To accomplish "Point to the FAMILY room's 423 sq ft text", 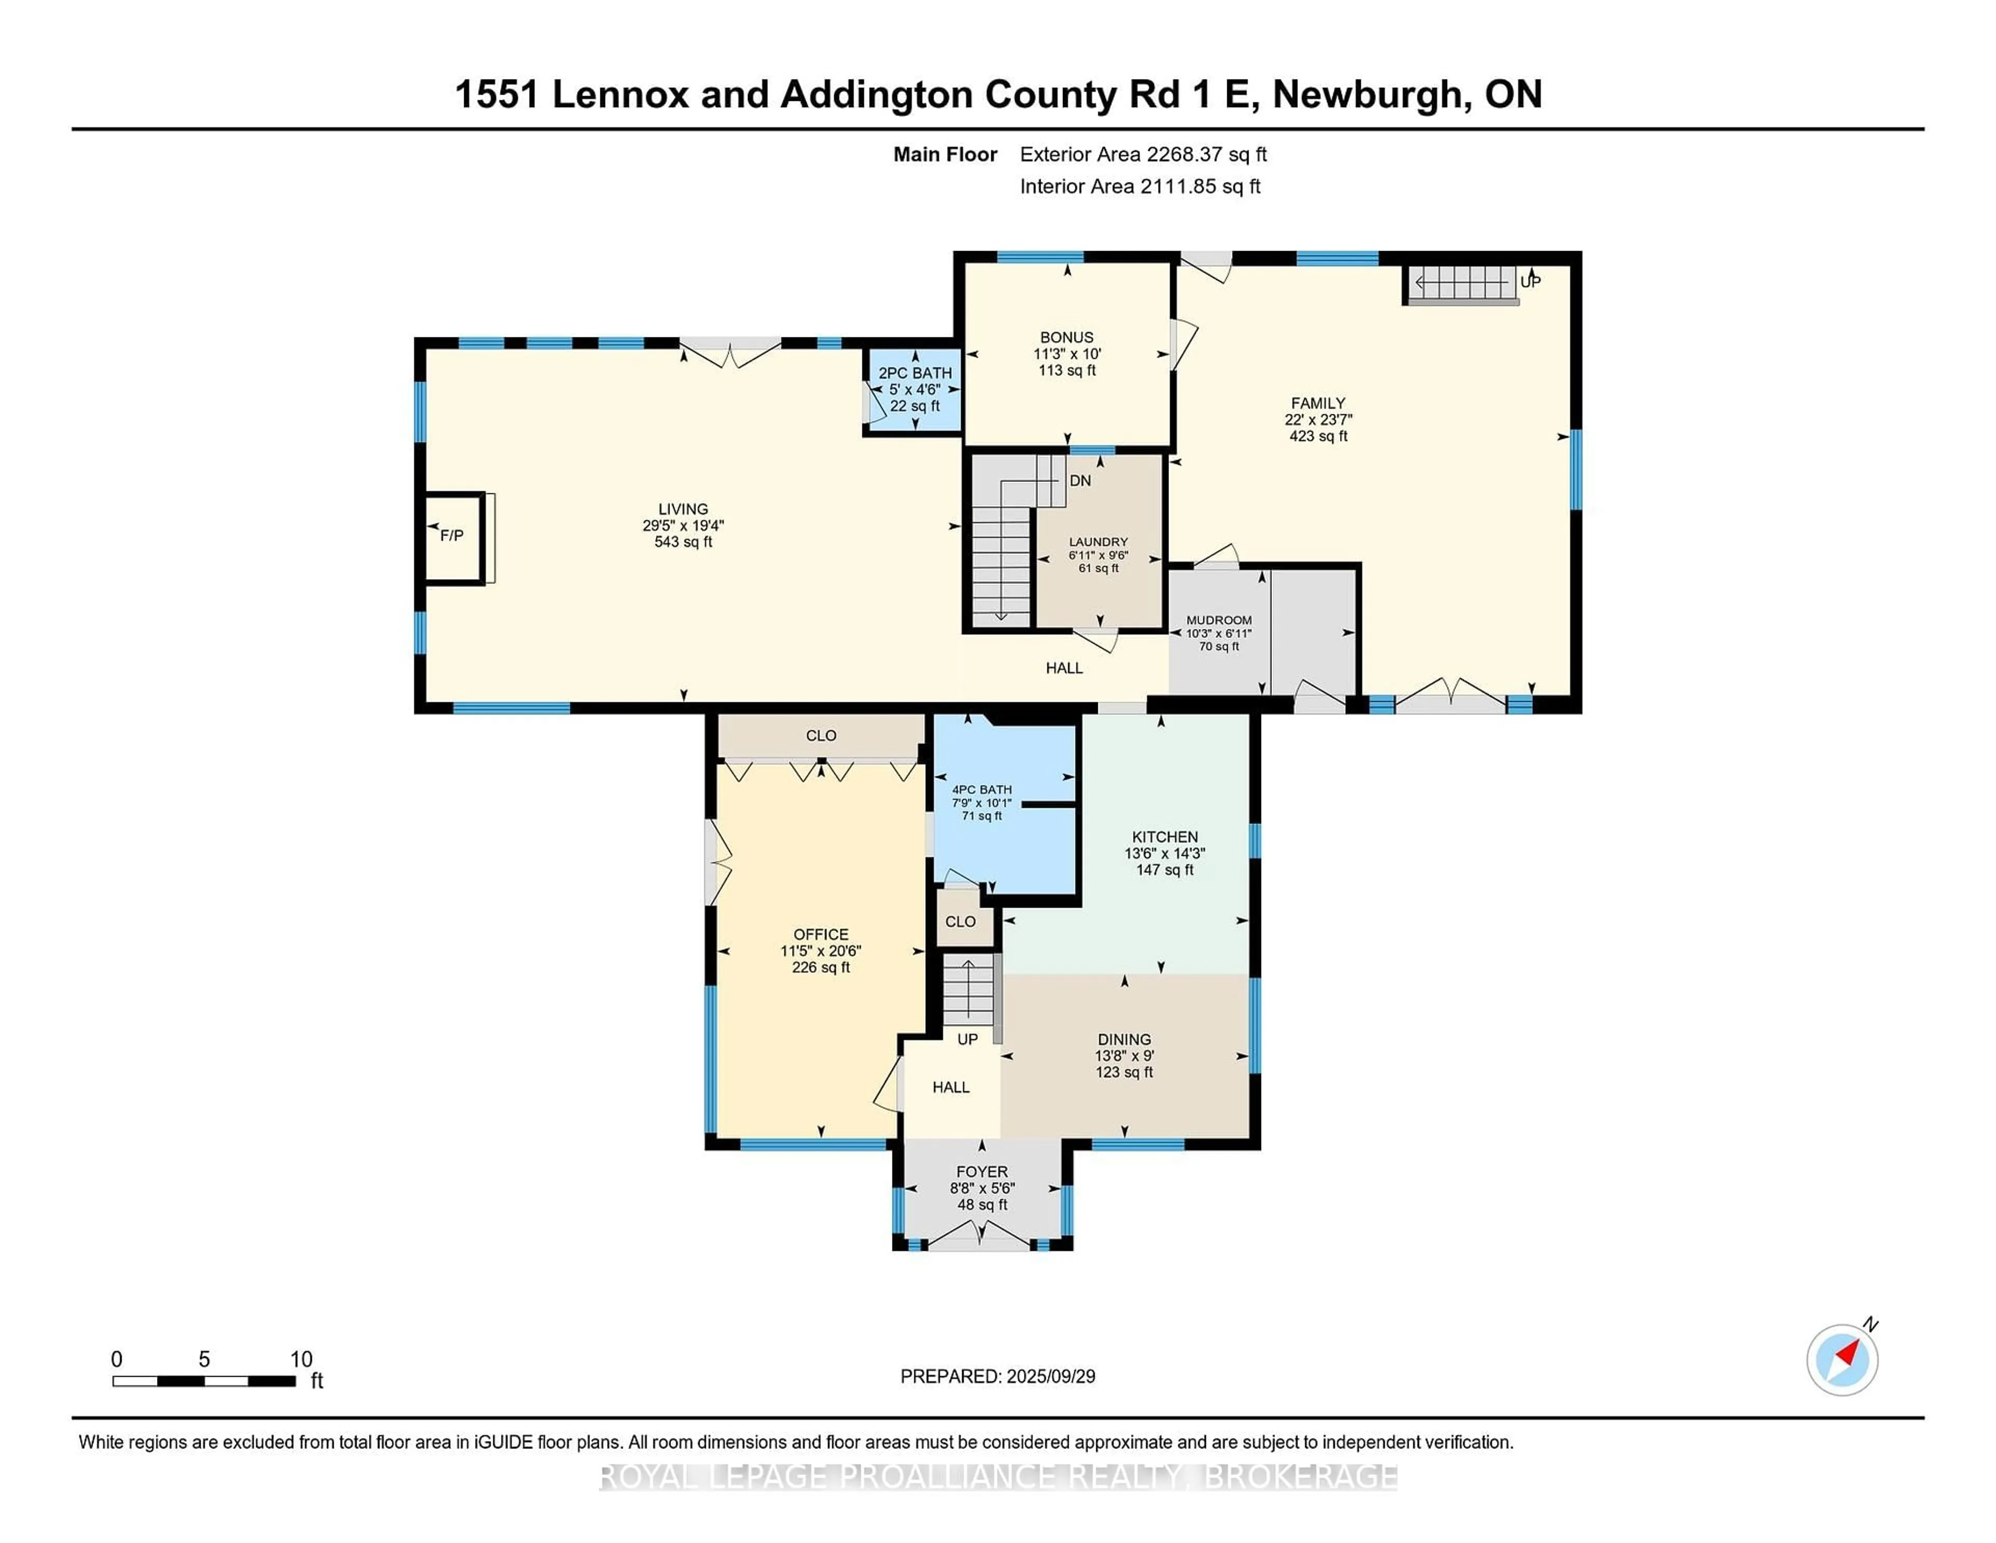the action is [1318, 436].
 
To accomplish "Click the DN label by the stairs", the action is [1080, 481].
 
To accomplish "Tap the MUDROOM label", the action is [1219, 620].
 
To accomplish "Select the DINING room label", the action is [1124, 1039].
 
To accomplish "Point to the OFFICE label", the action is [821, 934].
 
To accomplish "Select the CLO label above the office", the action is [821, 735].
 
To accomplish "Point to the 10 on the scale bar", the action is [301, 1359].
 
